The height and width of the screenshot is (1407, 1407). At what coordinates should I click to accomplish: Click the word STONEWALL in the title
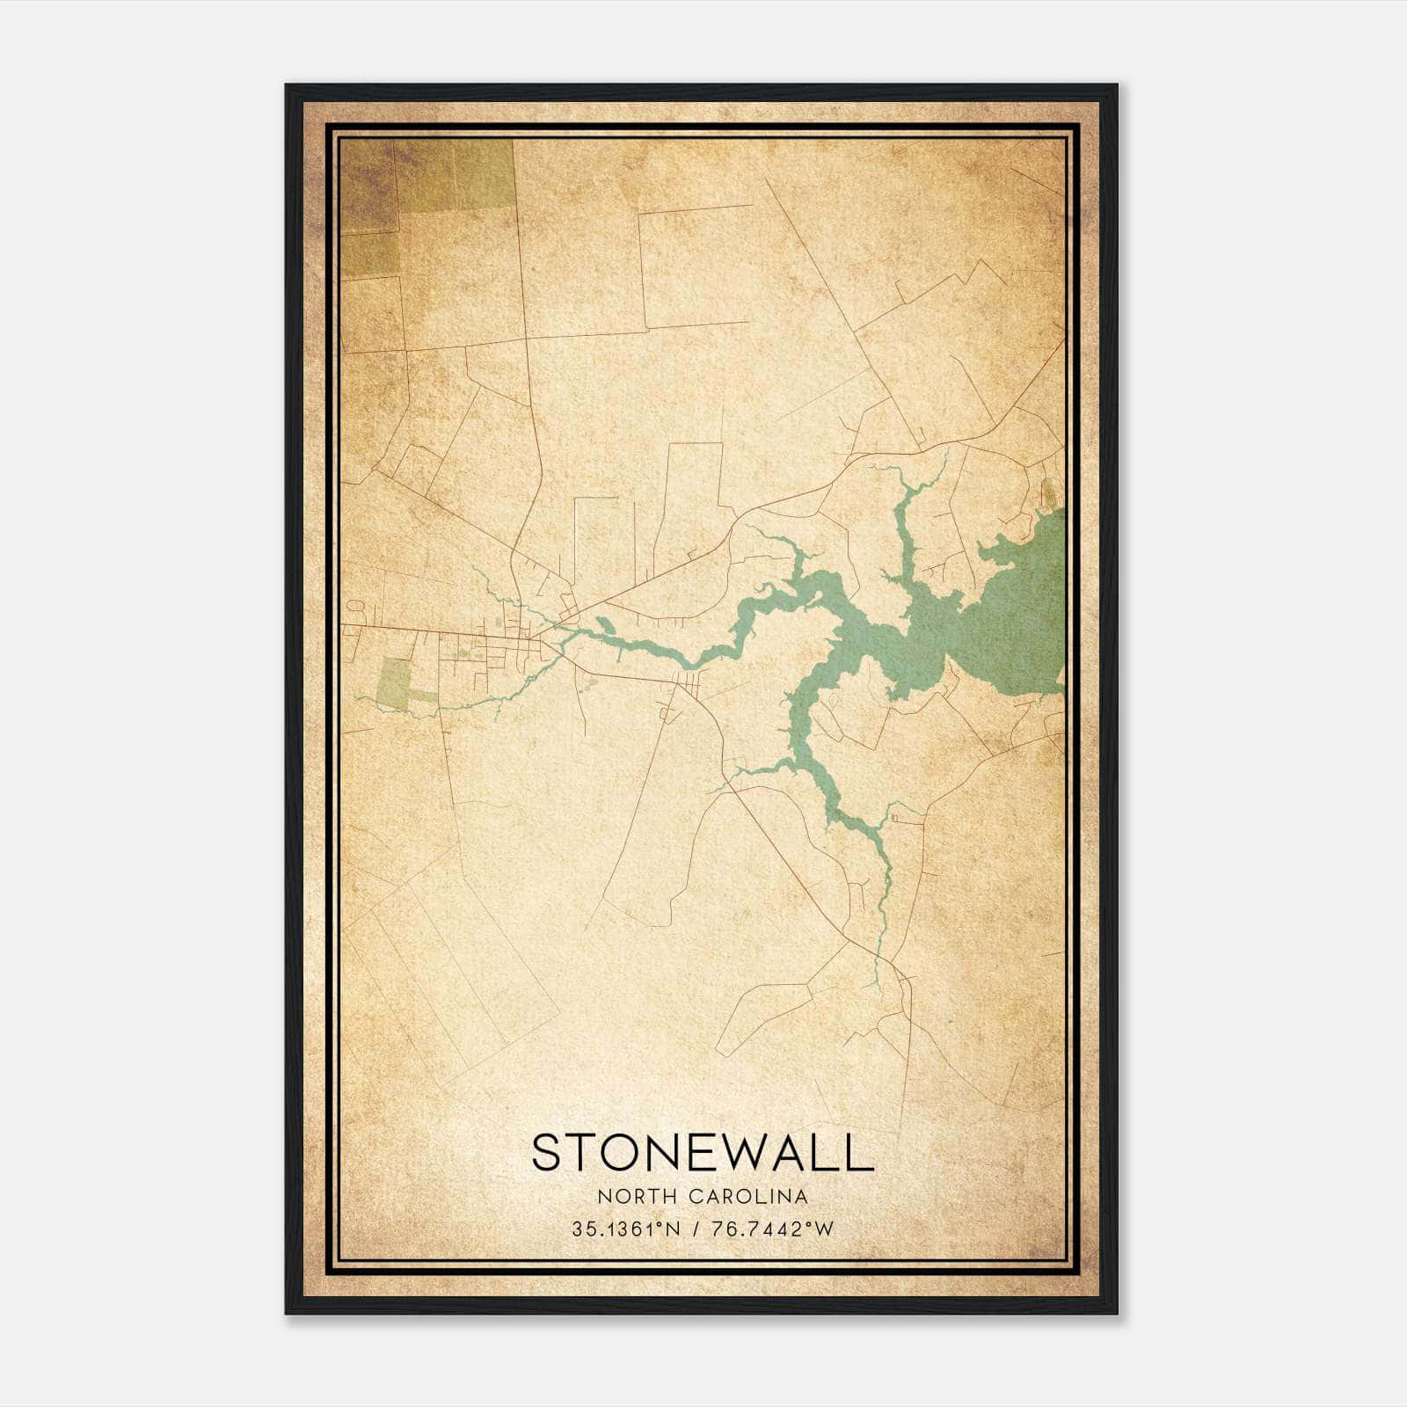point(703,1153)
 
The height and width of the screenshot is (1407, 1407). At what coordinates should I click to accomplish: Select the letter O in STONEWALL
point(617,1153)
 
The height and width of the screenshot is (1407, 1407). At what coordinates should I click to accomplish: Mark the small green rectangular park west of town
point(393,684)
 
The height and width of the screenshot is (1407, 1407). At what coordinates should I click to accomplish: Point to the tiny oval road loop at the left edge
point(356,606)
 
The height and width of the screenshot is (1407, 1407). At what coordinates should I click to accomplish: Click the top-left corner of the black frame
point(288,86)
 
